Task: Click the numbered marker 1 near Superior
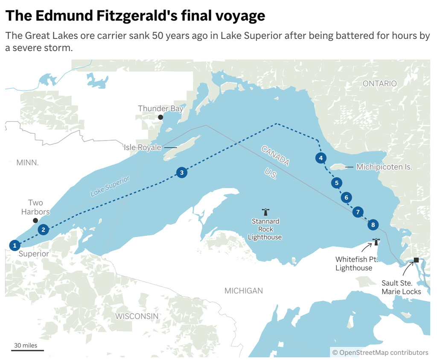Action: click(x=15, y=245)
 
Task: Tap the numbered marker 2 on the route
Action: click(x=43, y=230)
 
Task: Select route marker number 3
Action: click(x=182, y=173)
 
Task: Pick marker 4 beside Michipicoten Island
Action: click(x=321, y=158)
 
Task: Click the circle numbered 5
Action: click(x=337, y=183)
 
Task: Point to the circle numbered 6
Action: click(x=347, y=197)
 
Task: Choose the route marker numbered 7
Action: click(x=358, y=212)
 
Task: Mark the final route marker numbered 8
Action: click(x=373, y=225)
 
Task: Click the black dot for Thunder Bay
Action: click(x=160, y=117)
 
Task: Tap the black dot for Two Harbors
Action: click(x=35, y=220)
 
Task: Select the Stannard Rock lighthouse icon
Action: click(x=265, y=211)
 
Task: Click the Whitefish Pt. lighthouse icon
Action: click(x=376, y=242)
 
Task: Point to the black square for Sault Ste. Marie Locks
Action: click(x=416, y=260)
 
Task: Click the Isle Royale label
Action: click(x=143, y=147)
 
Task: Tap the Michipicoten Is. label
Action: click(x=384, y=167)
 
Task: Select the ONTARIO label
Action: click(x=379, y=84)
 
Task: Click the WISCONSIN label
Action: click(x=137, y=316)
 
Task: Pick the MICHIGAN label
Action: click(x=244, y=291)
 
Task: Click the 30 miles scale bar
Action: click(x=27, y=350)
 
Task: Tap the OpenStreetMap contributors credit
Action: click(x=380, y=352)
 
